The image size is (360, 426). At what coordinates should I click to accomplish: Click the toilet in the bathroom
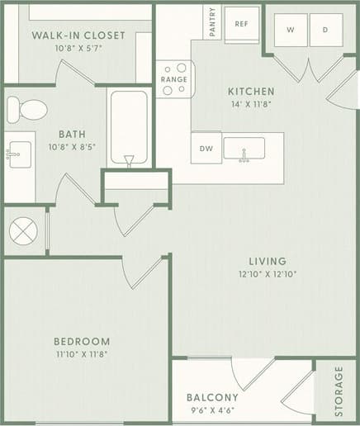pos(27,109)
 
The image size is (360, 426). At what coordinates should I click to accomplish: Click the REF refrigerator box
pos(241,24)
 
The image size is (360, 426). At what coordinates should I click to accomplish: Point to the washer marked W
pos(291,30)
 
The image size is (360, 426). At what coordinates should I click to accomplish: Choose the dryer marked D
pos(325,30)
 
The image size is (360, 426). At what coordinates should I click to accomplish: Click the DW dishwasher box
pos(205,149)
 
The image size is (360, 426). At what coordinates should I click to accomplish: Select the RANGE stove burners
pos(173,79)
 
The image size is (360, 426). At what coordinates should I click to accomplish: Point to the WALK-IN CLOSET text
pos(78,35)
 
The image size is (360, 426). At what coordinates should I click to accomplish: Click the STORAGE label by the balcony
pos(339,390)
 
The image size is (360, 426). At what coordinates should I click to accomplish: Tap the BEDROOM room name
pos(82,341)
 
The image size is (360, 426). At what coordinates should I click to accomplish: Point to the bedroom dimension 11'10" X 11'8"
pos(82,355)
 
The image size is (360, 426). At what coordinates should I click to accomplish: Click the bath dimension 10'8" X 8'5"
pos(73,149)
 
